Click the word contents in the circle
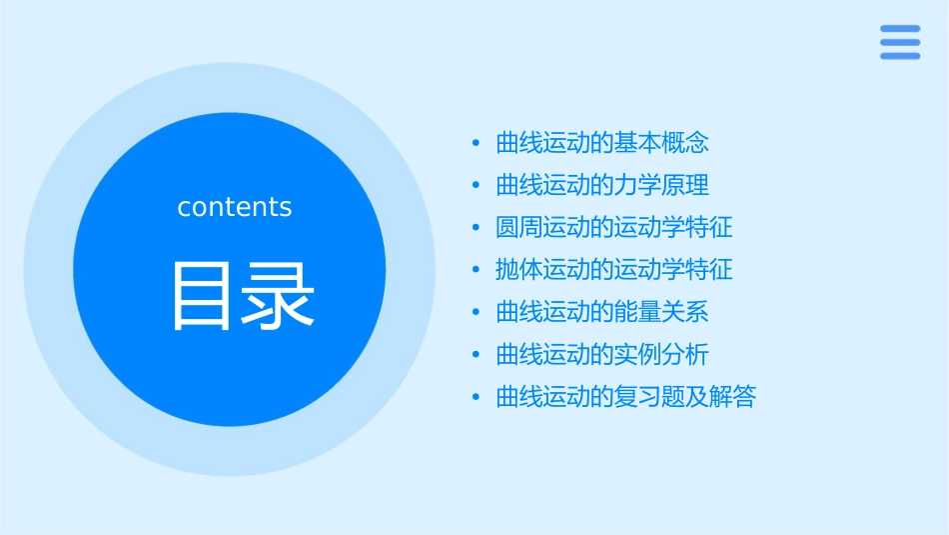tap(235, 207)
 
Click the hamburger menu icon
tap(900, 42)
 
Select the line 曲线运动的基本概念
tap(602, 143)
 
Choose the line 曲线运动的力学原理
tap(602, 186)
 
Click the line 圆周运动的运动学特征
tap(614, 228)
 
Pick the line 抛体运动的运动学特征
tap(614, 270)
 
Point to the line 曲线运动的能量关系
tap(602, 312)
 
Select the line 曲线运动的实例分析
tap(602, 355)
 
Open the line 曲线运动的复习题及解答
tap(626, 397)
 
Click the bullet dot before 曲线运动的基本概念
tap(476, 144)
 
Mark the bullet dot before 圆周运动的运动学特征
tap(476, 228)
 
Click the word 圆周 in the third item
tap(519, 228)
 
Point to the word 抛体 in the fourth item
tap(519, 270)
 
